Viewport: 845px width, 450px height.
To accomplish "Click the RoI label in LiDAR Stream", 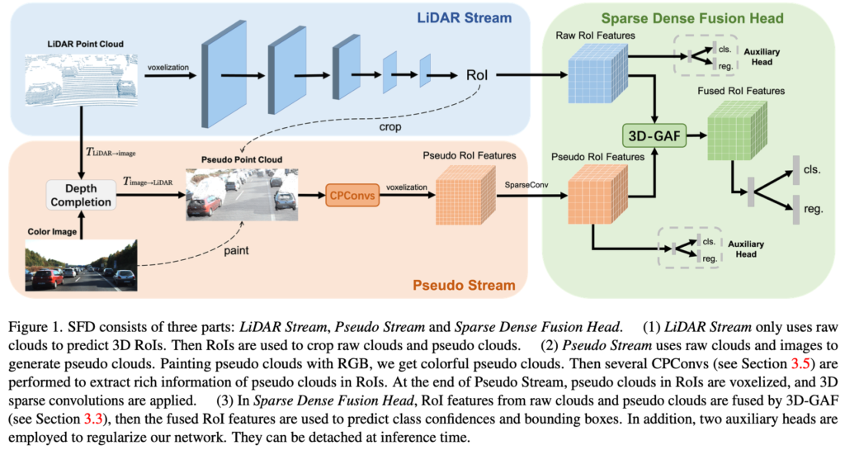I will click(477, 75).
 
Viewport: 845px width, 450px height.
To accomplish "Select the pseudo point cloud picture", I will click(239, 195).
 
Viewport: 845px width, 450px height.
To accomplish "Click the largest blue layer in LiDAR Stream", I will click(225, 74).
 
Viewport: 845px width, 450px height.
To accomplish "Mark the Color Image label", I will click(49, 234).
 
